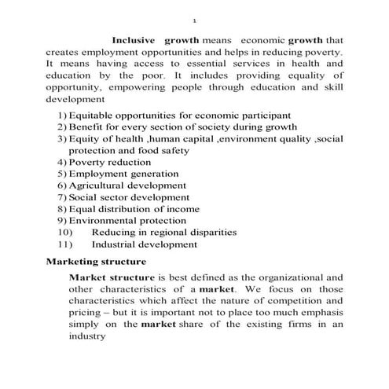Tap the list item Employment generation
(123, 174)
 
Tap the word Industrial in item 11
(113, 244)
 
